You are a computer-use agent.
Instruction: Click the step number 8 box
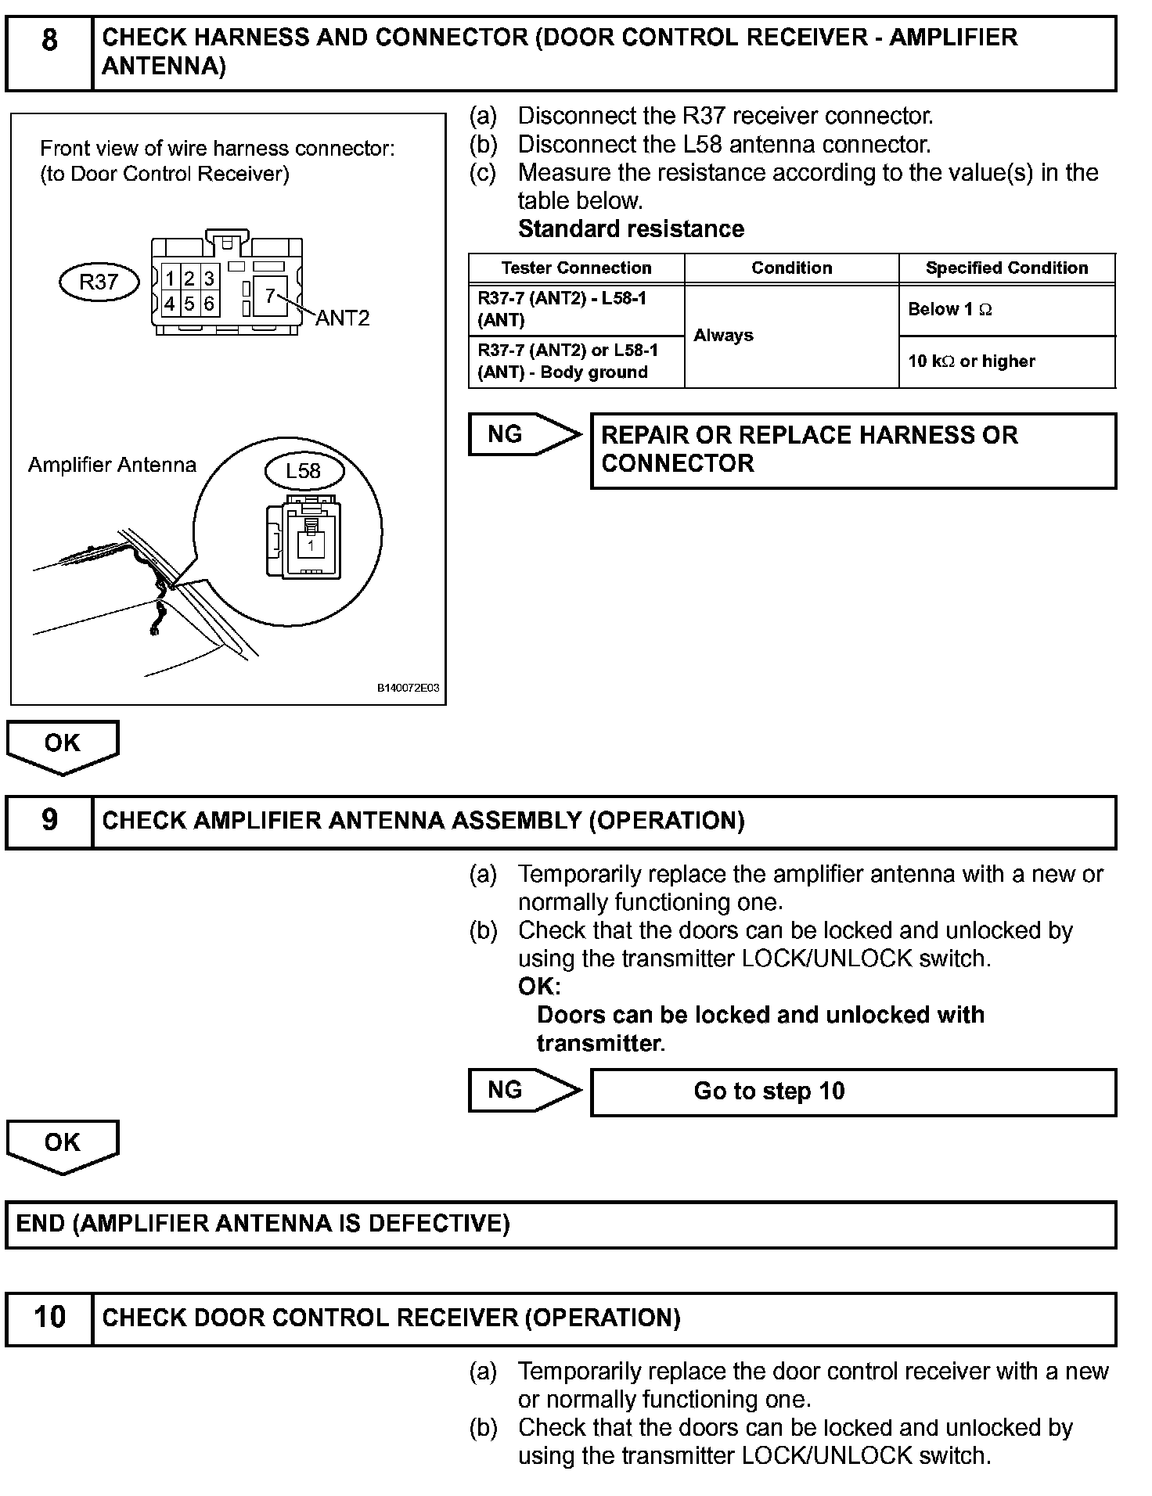coord(49,52)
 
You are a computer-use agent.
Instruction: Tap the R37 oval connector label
coord(99,282)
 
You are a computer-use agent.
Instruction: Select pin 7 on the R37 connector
coord(270,296)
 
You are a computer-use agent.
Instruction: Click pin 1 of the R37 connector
coord(170,279)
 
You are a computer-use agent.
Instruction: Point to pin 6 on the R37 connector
coord(209,304)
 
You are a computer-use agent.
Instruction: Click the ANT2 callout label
coord(342,318)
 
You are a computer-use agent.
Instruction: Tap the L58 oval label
coord(303,471)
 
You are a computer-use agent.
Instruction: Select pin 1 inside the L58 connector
coord(311,545)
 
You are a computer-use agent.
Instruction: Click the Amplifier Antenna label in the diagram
coord(112,465)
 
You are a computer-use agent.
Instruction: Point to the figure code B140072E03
coord(409,689)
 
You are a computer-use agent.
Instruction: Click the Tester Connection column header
coord(576,268)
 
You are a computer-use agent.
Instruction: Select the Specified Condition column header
coord(1006,268)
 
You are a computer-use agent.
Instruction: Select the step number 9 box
coord(49,821)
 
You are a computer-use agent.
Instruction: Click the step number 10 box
coord(49,1318)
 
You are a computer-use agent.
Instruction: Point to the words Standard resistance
coord(631,229)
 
